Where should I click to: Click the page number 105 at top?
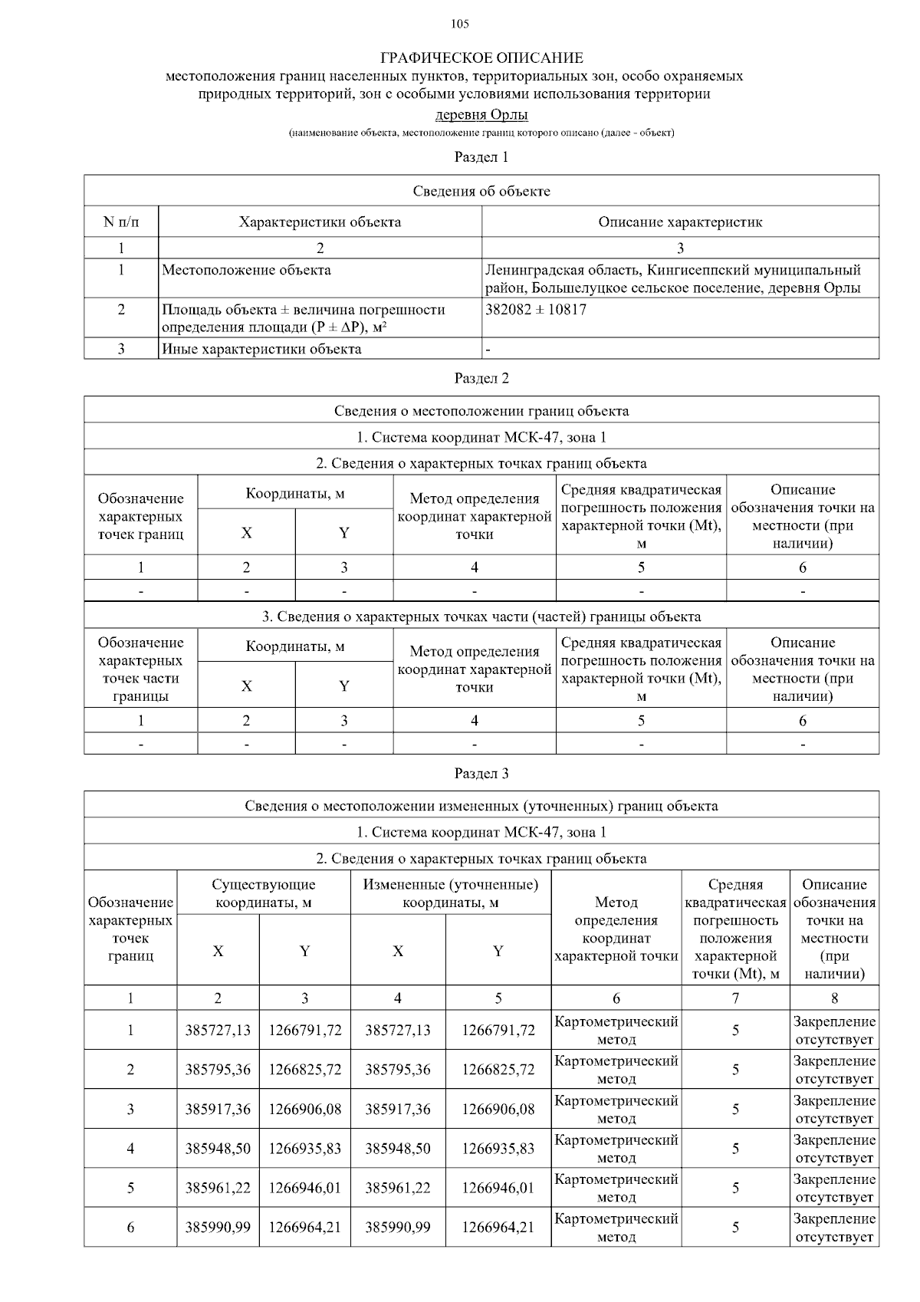tap(460, 24)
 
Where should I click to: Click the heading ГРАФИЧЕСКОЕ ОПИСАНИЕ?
tap(481, 58)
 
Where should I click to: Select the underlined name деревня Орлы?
tap(481, 115)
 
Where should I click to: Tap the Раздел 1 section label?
tap(481, 157)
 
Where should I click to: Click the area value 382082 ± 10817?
tap(536, 310)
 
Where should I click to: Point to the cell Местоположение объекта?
tap(246, 270)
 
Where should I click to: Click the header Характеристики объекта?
tap(320, 222)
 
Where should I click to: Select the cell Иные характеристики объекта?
tap(261, 349)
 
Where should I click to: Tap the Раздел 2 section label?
tap(481, 378)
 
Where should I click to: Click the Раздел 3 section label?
tap(481, 773)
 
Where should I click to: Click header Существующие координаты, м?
tap(264, 893)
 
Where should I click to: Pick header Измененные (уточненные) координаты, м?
tap(451, 893)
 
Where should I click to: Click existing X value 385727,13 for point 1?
tap(218, 1031)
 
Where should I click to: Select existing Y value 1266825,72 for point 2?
tap(304, 1070)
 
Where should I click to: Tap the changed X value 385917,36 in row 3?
tap(397, 1109)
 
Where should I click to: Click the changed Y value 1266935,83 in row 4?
tap(498, 1149)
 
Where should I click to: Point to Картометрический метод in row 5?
tap(616, 1188)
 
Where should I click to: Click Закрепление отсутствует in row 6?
tap(834, 1228)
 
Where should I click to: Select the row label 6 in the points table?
tap(130, 1228)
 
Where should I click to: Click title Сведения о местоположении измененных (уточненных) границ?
tap(481, 806)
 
